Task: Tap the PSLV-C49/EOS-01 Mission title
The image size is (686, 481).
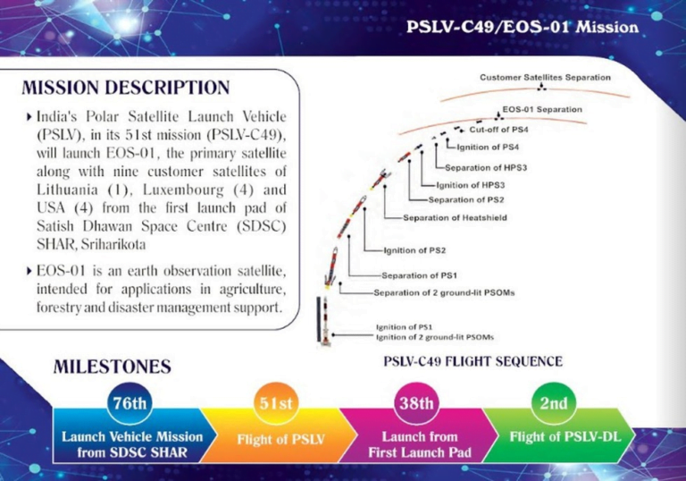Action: click(x=522, y=26)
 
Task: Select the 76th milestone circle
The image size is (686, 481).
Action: click(x=128, y=403)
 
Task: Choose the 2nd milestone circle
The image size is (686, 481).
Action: click(x=553, y=403)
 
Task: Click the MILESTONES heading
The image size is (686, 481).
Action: click(x=113, y=367)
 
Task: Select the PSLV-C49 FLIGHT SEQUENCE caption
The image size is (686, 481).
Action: click(x=473, y=361)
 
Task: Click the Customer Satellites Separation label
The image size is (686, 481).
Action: click(x=545, y=78)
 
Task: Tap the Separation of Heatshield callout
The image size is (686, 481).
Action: click(x=449, y=217)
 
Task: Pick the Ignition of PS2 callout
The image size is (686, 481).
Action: click(x=414, y=249)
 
